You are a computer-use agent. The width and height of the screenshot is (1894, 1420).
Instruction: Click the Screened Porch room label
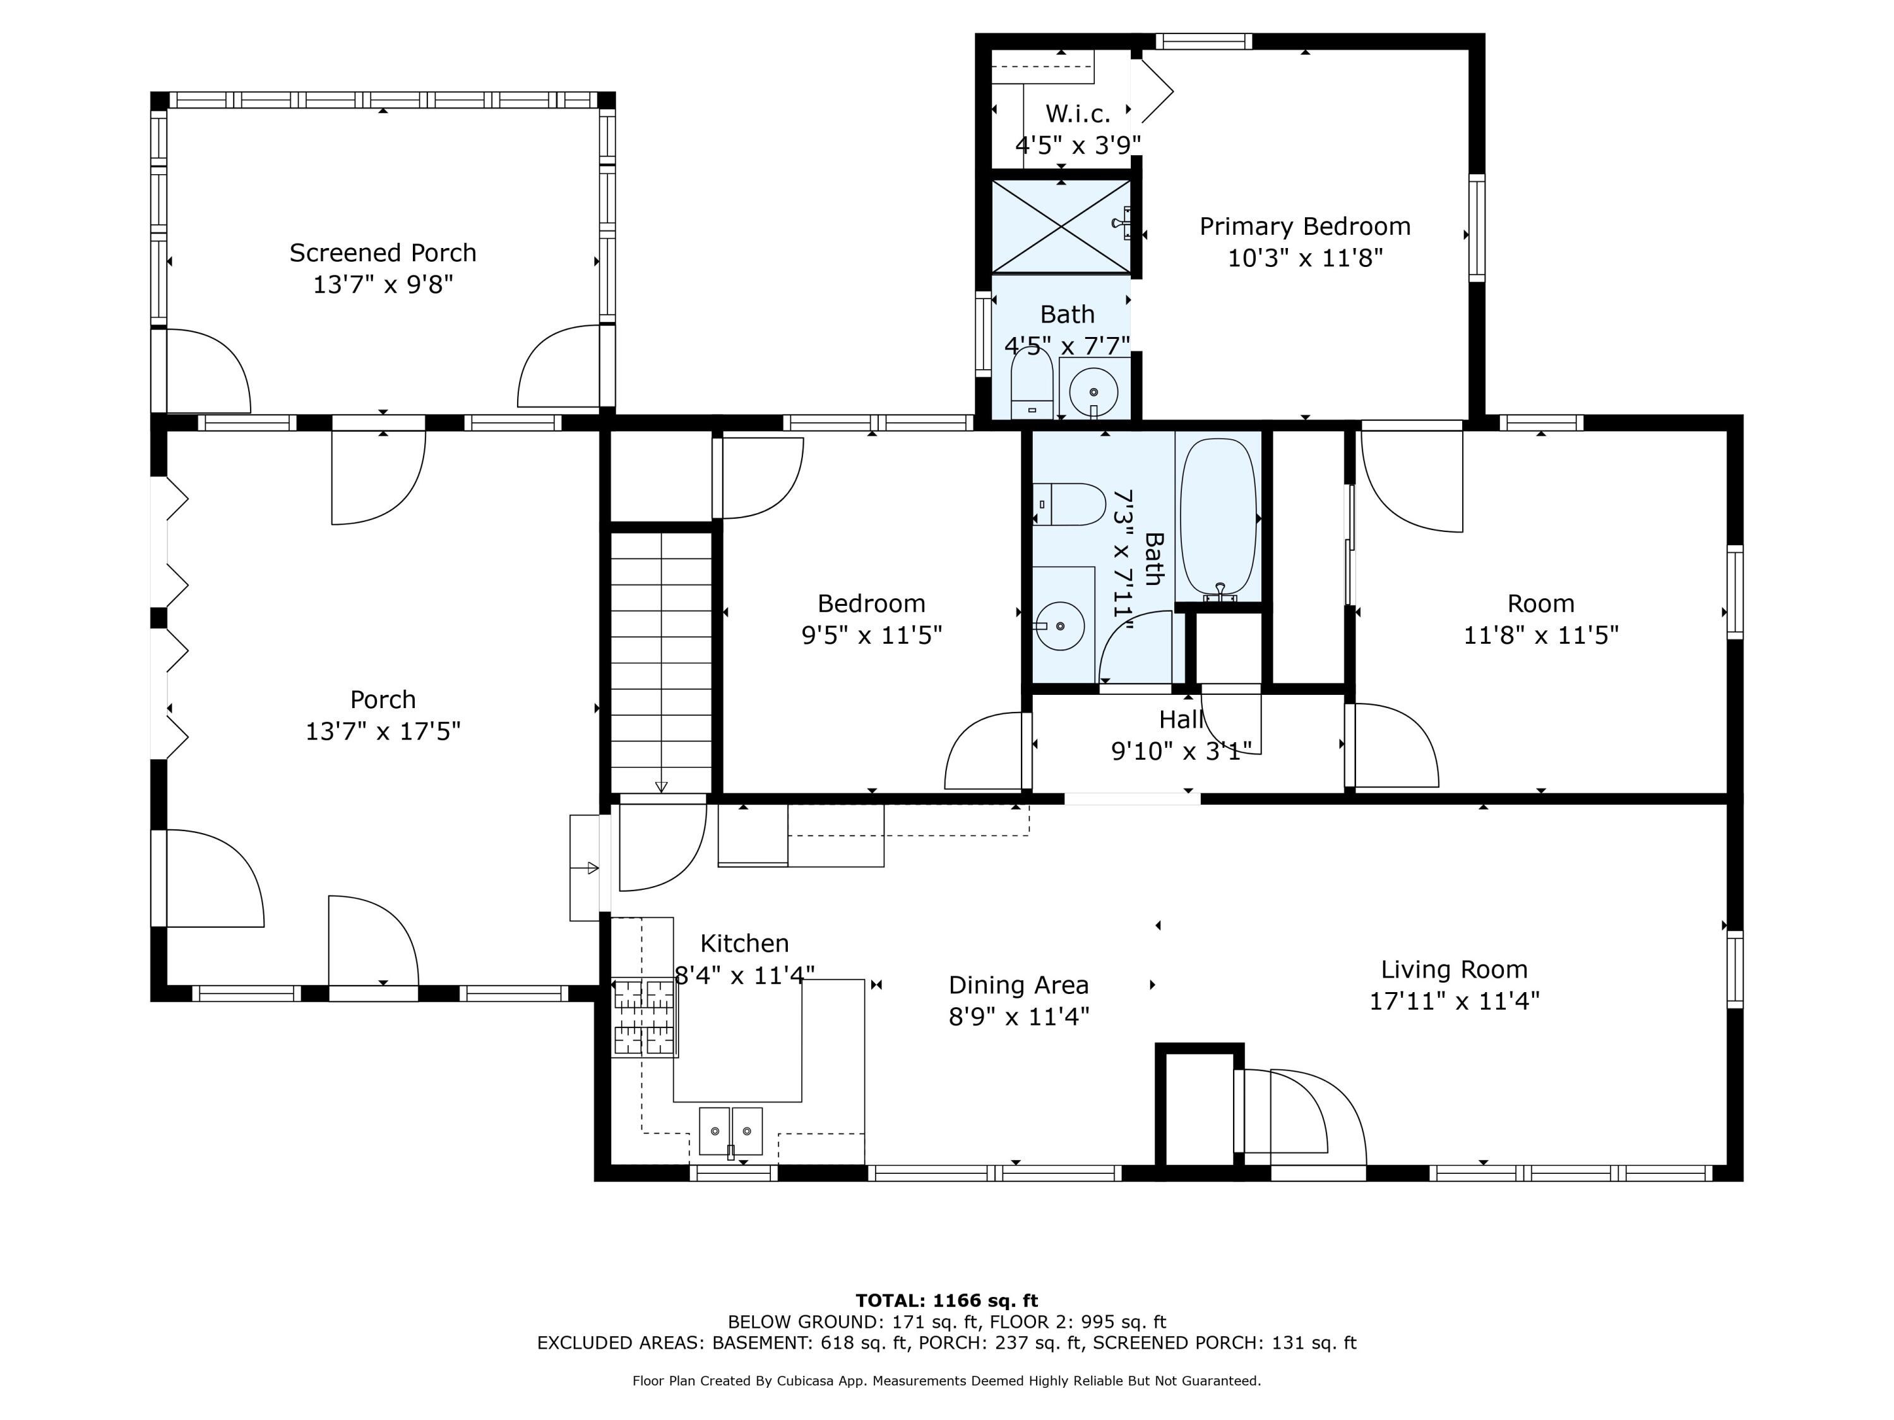click(x=383, y=253)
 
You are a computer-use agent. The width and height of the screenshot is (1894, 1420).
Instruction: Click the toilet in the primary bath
click(x=1032, y=385)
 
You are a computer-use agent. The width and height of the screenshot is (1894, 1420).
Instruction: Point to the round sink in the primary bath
click(x=1093, y=392)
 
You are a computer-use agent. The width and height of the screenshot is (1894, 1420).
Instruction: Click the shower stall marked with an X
click(x=1060, y=226)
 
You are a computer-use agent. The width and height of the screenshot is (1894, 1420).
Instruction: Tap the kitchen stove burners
click(x=644, y=1017)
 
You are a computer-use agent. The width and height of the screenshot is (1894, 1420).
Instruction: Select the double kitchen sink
click(x=730, y=1131)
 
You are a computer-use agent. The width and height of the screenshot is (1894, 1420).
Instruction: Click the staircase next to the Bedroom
click(x=661, y=659)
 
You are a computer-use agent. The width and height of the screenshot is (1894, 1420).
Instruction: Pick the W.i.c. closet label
click(x=1078, y=114)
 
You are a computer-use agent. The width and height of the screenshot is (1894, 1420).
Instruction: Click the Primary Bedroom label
click(x=1304, y=227)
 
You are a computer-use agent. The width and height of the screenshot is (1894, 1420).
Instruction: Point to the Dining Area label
click(x=1018, y=985)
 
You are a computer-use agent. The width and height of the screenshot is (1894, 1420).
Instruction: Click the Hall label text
click(x=1181, y=720)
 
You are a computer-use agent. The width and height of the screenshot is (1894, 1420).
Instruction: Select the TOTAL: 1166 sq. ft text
click(x=946, y=1301)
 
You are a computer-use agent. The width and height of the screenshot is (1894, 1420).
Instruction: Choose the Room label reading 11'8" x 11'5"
click(x=1540, y=635)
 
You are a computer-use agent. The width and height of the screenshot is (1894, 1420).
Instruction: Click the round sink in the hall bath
click(x=1060, y=625)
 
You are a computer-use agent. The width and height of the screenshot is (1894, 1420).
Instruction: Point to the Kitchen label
click(x=744, y=944)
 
